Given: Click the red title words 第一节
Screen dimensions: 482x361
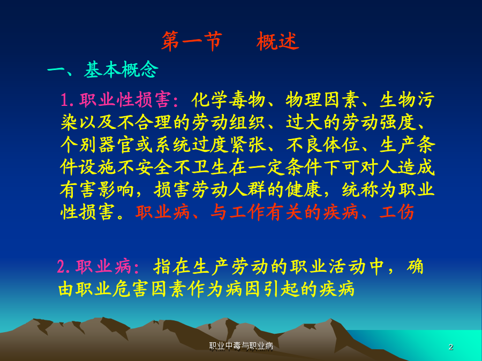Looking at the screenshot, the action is point(192,41).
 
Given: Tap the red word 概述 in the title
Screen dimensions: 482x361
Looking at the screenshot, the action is point(277,41).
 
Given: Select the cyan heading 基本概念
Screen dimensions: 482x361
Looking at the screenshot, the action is point(121,70).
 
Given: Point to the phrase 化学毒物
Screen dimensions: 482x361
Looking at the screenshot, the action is point(228,100).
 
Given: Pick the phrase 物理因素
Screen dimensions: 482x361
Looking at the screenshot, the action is point(322,100).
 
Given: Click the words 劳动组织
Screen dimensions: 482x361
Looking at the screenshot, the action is point(228,122).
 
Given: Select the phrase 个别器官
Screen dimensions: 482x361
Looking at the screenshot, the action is point(97,144).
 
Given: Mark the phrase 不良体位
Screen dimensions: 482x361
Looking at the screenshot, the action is point(322,144).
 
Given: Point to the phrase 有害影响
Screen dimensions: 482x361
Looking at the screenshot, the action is point(97,190).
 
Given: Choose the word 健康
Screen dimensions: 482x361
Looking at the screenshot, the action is point(304,190).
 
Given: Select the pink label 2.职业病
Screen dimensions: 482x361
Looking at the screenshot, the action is point(95,266).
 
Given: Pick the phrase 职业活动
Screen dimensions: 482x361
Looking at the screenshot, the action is point(327,266).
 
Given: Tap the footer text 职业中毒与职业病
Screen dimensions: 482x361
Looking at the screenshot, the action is point(241,346).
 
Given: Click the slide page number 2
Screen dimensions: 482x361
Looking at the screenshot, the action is point(451,347).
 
